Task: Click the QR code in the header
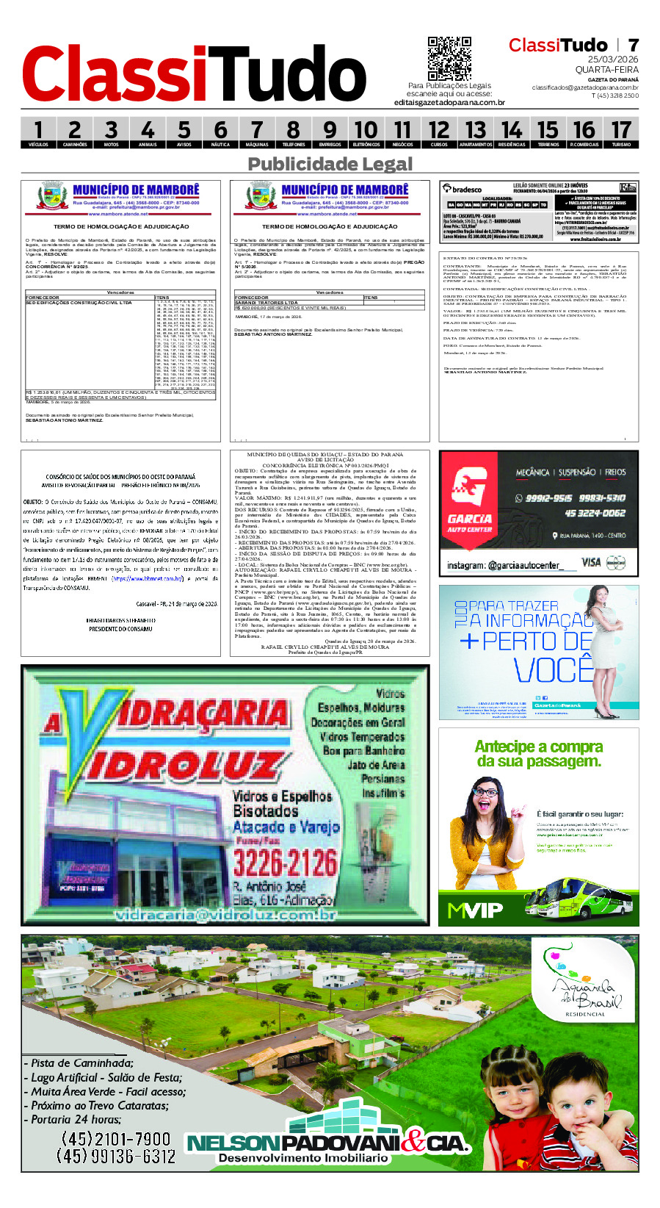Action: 449,59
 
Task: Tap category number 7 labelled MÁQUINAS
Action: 257,133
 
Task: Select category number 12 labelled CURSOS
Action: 439,133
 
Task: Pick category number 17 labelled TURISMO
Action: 621,133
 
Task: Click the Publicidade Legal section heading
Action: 330,164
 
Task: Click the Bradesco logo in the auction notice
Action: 463,189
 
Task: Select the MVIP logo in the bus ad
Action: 475,910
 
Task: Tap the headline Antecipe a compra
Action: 538,747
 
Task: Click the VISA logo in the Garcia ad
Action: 591,562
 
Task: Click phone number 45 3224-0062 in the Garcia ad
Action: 595,513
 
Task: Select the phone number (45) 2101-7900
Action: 115,1139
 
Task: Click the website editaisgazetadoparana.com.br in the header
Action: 449,102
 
